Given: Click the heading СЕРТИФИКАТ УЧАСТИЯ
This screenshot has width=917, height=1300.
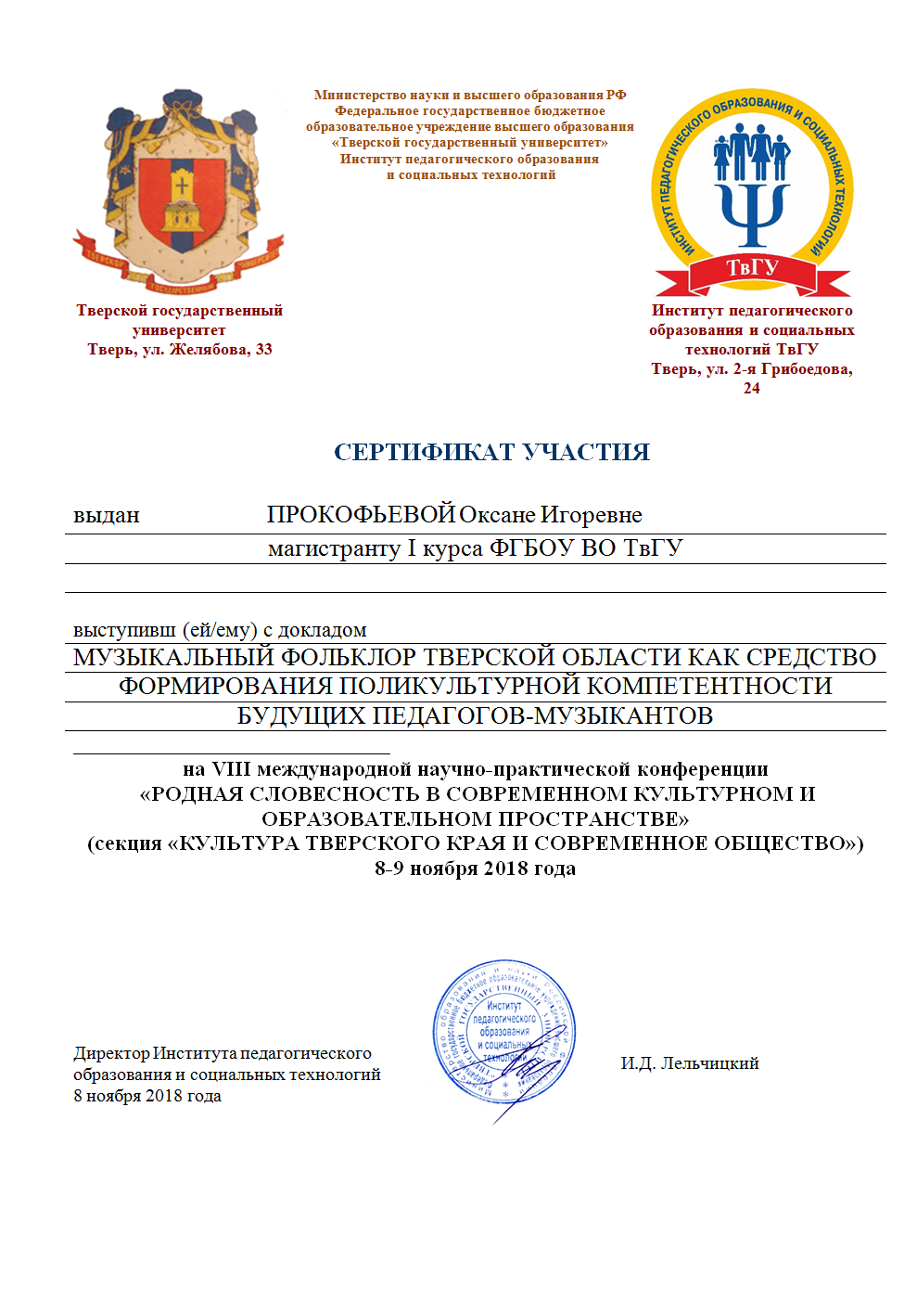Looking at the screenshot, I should coord(491,452).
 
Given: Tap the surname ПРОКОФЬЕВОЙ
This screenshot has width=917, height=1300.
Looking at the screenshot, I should coord(361,514).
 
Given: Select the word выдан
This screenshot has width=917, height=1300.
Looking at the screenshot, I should coord(107,515).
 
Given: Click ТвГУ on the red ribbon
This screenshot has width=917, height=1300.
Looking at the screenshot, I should coord(752,267).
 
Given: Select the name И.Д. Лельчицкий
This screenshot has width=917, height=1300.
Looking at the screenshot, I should coord(690,1063).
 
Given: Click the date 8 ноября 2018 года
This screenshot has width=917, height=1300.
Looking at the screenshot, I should coord(147,1096).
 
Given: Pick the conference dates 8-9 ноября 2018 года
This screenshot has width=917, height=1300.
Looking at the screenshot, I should coord(475,869).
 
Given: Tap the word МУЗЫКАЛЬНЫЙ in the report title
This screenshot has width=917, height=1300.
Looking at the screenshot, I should coord(173,657).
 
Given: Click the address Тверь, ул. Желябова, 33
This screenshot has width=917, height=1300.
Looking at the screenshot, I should coord(180,350).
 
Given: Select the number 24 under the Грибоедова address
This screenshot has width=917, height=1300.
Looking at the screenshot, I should coord(751,389).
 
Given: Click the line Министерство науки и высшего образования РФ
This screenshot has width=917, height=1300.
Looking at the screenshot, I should coord(470,95).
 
